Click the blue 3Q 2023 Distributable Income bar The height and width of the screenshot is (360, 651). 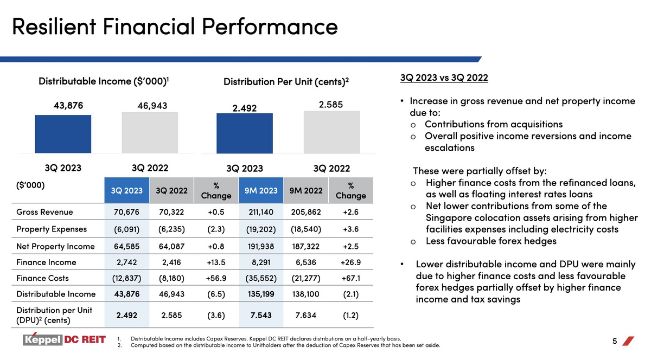point(63,134)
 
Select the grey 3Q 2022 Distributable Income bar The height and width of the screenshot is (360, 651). point(150,132)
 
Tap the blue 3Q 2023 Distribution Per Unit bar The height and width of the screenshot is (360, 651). point(245,133)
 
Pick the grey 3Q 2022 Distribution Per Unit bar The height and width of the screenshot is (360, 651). point(332,132)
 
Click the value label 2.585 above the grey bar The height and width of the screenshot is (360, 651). point(331,105)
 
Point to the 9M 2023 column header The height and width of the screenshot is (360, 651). point(261,190)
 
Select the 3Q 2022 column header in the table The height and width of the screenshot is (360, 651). point(171,190)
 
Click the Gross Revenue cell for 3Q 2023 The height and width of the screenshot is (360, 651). point(127,212)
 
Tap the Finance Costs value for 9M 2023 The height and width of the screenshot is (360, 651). point(261,278)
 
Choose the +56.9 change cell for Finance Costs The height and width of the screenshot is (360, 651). point(216,278)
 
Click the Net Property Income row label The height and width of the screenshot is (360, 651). point(55,246)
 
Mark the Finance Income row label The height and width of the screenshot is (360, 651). point(46,262)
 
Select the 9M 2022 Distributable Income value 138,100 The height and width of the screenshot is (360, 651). point(306,294)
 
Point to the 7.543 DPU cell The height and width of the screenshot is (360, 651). point(261,315)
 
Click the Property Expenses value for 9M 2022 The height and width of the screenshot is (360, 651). point(306,229)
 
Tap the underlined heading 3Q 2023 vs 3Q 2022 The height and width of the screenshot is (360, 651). point(444,78)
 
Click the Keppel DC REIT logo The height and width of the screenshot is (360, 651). point(64,339)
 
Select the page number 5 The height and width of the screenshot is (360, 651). point(614,341)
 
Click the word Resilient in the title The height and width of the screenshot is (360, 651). point(54,27)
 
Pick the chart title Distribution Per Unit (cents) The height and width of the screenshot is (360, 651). point(286,82)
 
